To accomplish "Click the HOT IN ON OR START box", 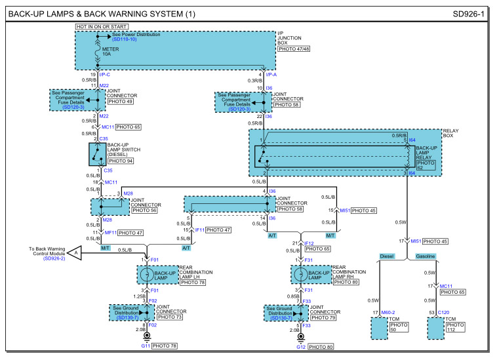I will click(x=101, y=26).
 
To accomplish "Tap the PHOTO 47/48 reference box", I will click(x=294, y=49).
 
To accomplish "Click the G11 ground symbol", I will click(x=145, y=338).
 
